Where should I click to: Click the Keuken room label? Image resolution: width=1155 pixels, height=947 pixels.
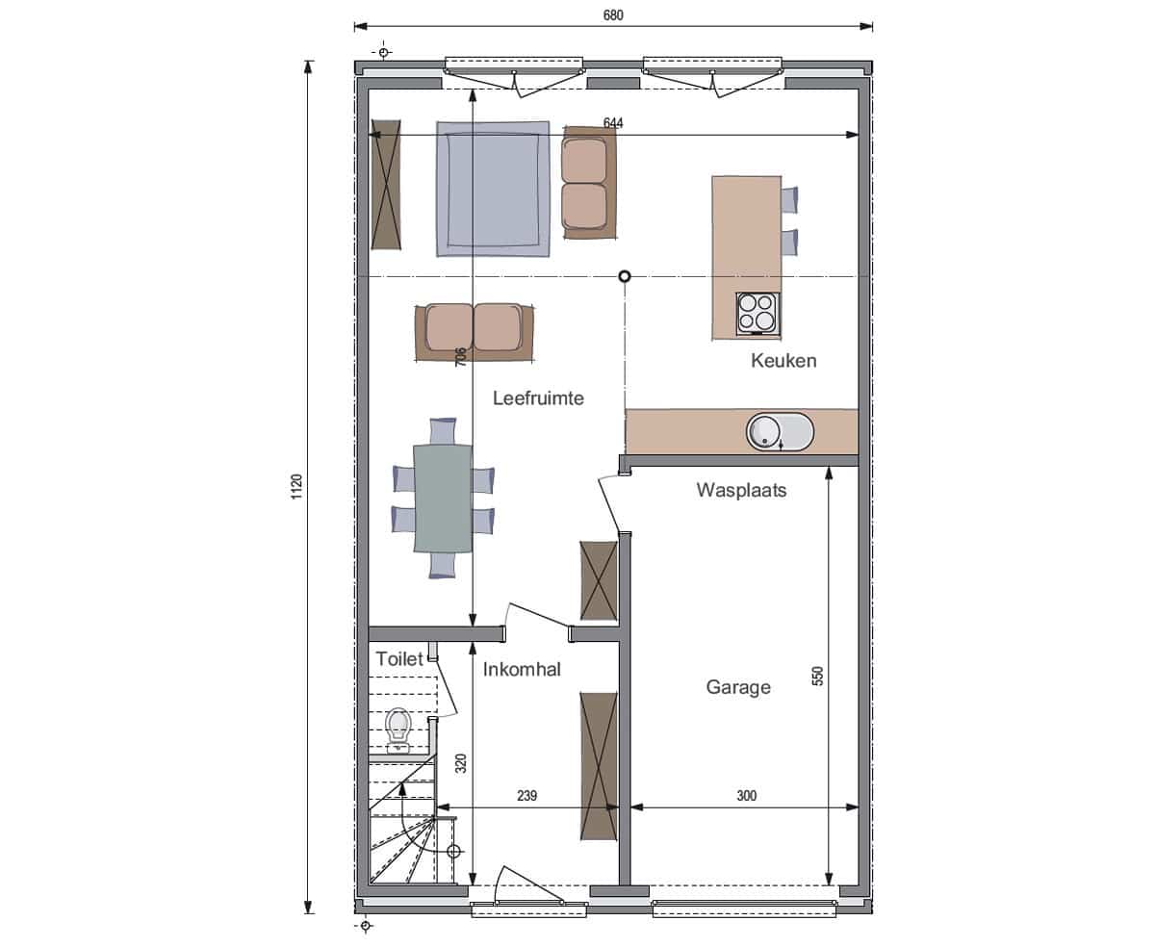click(x=783, y=360)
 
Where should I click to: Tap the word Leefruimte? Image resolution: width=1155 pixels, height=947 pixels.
click(x=538, y=397)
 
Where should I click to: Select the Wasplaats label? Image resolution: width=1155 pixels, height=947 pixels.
click(x=741, y=490)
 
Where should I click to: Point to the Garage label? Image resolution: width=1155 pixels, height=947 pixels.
click(x=738, y=687)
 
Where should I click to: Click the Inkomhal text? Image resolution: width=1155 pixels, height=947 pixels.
click(x=522, y=669)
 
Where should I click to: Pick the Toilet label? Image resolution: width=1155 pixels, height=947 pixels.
click(x=399, y=658)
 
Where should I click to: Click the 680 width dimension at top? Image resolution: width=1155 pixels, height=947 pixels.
click(x=613, y=14)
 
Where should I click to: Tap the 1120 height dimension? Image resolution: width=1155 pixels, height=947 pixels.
click(x=296, y=486)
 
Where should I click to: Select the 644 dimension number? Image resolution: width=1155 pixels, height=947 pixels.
click(x=613, y=122)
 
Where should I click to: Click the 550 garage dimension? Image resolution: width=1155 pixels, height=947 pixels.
click(x=817, y=676)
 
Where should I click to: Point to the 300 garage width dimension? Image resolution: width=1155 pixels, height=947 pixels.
click(x=747, y=795)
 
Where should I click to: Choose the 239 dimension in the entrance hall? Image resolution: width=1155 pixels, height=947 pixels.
click(x=526, y=795)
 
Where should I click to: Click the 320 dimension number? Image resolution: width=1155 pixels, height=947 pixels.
click(x=461, y=763)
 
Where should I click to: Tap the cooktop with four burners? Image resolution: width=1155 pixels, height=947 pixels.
click(x=757, y=314)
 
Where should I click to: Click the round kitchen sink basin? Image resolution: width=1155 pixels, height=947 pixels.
click(x=763, y=432)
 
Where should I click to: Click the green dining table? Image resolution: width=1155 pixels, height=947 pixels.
click(x=443, y=498)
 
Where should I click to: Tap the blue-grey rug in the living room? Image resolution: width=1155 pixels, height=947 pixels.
click(x=493, y=189)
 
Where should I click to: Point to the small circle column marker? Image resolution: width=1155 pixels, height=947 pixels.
click(x=625, y=276)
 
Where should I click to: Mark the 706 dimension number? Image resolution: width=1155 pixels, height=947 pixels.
click(x=461, y=356)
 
